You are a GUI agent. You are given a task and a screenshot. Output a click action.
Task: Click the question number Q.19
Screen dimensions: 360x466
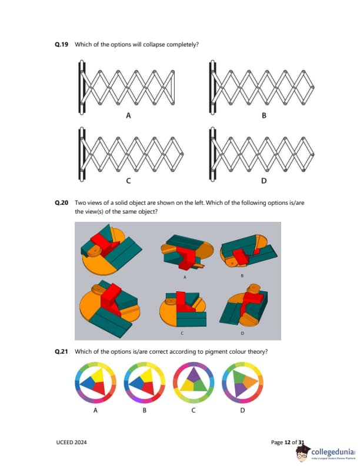coord(62,45)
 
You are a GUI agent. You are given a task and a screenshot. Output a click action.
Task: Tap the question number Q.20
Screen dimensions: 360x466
coord(62,203)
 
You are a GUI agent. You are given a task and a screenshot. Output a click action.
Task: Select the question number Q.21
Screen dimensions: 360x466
coord(62,352)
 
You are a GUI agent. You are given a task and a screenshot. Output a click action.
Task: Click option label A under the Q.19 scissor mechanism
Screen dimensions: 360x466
coord(128,115)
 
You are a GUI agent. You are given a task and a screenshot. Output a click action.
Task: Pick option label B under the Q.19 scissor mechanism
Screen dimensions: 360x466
coord(264,115)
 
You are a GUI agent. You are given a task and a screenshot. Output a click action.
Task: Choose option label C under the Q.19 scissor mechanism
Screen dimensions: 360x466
coord(128,181)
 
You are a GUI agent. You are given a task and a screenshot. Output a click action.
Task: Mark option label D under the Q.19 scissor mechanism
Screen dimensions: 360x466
coord(264,181)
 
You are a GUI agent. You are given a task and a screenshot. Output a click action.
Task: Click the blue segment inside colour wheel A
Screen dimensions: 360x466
coord(87,384)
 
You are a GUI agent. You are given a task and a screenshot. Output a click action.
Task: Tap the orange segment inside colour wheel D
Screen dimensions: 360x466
coord(250,382)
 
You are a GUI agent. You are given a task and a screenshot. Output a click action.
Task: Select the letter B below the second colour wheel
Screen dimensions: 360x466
coord(144,411)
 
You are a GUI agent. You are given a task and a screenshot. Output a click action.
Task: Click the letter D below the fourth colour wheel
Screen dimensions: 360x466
coord(242,411)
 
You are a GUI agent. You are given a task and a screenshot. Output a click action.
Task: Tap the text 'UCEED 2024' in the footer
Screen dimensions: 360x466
coord(71,442)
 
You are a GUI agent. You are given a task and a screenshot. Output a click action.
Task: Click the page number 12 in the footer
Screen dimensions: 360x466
coord(287,442)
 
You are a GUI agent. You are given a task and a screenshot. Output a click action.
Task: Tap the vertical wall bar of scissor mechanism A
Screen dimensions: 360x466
coord(82,88)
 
